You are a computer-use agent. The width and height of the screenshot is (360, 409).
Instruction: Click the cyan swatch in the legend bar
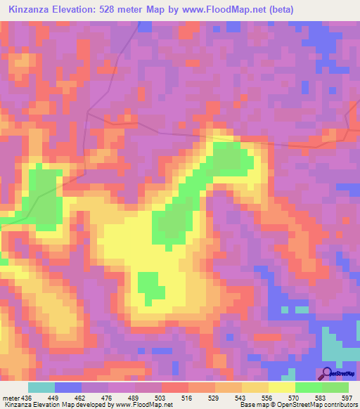pyautogui.click(x=41, y=387)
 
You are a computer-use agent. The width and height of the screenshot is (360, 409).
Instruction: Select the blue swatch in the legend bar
pyautogui.click(x=68, y=387)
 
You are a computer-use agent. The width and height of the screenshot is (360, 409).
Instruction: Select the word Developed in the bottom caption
pyautogui.click(x=95, y=405)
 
